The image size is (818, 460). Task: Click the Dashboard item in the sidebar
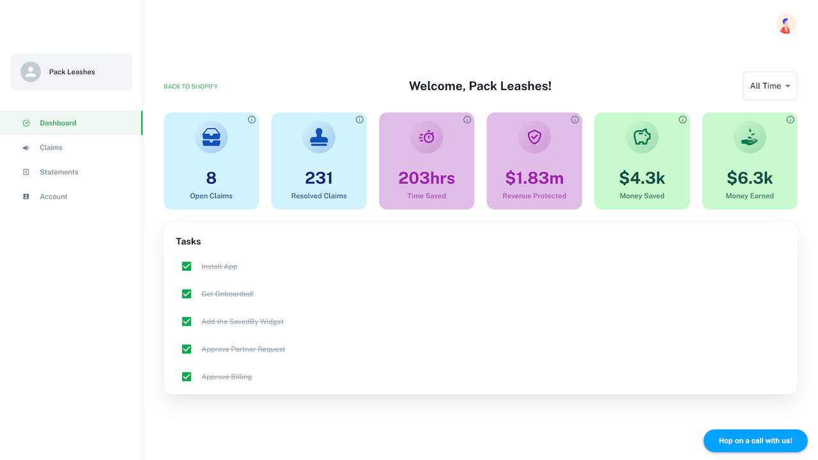[58, 123]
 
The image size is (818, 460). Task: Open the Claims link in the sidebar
[51, 148]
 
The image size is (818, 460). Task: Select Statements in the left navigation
[59, 172]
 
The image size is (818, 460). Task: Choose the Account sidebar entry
[54, 197]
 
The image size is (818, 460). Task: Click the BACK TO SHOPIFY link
[190, 86]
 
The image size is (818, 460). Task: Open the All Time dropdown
[769, 86]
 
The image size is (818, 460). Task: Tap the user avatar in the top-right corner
[785, 24]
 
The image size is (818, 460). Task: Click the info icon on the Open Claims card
[252, 119]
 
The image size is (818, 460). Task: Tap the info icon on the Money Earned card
[790, 119]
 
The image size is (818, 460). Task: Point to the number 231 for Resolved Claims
[319, 178]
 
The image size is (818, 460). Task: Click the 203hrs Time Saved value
[426, 178]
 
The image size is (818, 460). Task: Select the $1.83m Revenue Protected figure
[534, 178]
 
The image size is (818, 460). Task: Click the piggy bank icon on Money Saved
[642, 137]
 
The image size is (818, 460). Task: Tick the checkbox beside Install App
[187, 266]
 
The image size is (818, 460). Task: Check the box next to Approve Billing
[187, 377]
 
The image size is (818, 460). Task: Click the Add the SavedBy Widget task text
[242, 321]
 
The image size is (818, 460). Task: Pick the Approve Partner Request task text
[243, 349]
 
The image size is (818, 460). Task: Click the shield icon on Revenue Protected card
[534, 137]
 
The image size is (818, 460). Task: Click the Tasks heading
[189, 241]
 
